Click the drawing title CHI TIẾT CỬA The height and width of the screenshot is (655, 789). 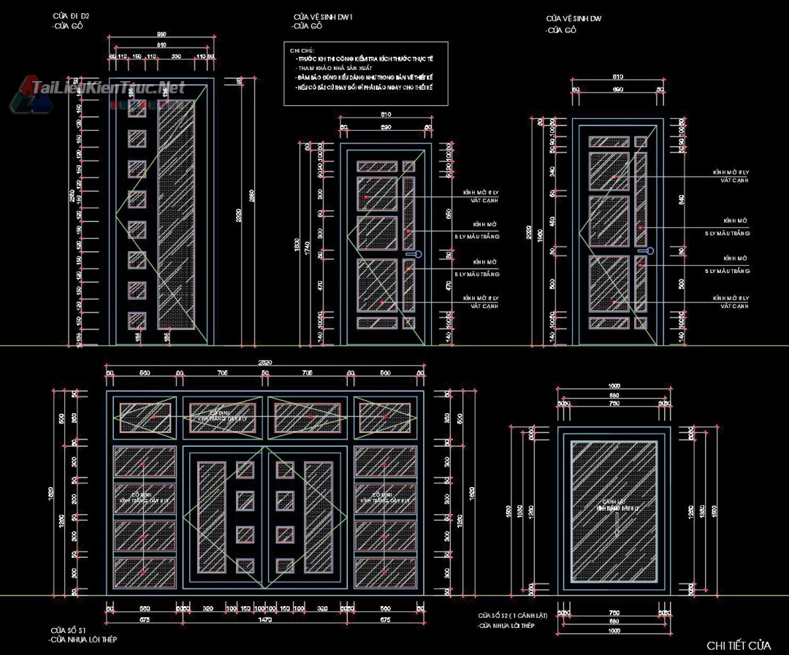pyautogui.click(x=739, y=646)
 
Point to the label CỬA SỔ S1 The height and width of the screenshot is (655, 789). pyautogui.click(x=69, y=629)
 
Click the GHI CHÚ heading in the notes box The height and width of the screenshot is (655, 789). pyautogui.click(x=301, y=50)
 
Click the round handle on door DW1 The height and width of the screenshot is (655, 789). pyautogui.click(x=418, y=254)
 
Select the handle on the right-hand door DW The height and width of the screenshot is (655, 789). pyautogui.click(x=643, y=250)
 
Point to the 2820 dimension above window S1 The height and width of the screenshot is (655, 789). pyautogui.click(x=264, y=361)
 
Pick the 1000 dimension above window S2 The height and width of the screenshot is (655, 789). pyautogui.click(x=614, y=386)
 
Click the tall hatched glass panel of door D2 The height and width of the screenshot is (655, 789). pyautogui.click(x=176, y=212)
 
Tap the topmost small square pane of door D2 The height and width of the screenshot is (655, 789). pyautogui.click(x=137, y=109)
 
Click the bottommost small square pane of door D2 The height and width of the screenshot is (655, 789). pyautogui.click(x=137, y=321)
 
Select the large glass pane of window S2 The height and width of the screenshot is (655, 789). pyautogui.click(x=614, y=511)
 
